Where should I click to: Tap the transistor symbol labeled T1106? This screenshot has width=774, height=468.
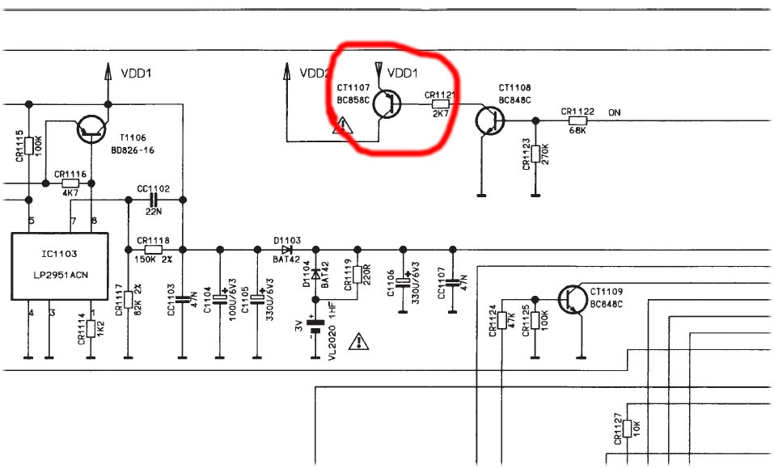pyautogui.click(x=91, y=129)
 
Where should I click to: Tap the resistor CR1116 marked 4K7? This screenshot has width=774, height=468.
pyautogui.click(x=70, y=183)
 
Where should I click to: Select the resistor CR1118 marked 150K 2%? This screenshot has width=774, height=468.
pyautogui.click(x=152, y=249)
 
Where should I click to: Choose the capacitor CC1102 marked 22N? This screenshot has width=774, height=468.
pyautogui.click(x=152, y=199)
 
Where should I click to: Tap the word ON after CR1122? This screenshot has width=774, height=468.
pyautogui.click(x=614, y=112)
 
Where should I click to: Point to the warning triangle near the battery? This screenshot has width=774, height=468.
pyautogui.click(x=357, y=343)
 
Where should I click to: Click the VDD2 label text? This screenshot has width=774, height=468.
pyautogui.click(x=313, y=74)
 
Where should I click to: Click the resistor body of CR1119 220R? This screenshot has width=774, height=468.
pyautogui.click(x=356, y=277)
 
